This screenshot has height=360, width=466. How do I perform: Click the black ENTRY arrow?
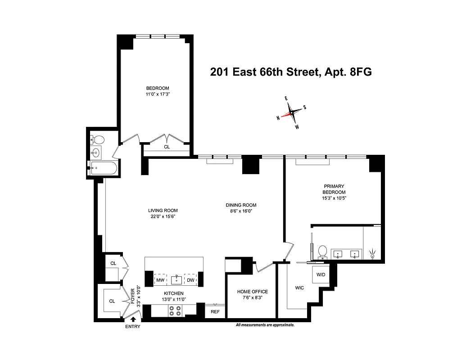[x=133, y=320]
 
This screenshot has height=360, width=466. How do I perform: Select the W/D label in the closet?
[x=321, y=274]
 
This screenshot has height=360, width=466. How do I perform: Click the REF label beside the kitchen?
[x=215, y=310]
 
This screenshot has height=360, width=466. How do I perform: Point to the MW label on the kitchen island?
[x=160, y=280]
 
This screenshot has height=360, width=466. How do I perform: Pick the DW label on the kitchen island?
[x=190, y=280]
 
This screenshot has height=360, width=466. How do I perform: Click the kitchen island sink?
[x=176, y=279]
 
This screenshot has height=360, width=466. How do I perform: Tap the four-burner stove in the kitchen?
[x=175, y=310]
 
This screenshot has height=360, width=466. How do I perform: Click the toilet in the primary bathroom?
[x=322, y=251]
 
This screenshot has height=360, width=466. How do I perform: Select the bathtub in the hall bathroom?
[x=104, y=169]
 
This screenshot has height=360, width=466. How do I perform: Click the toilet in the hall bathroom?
[x=98, y=139]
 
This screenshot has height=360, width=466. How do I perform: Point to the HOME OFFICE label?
[x=252, y=292]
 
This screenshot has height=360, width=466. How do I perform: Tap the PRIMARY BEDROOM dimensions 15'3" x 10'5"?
[x=334, y=198]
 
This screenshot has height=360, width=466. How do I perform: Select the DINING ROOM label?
[x=241, y=205]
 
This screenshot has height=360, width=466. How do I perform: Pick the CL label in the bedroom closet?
[x=167, y=147]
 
